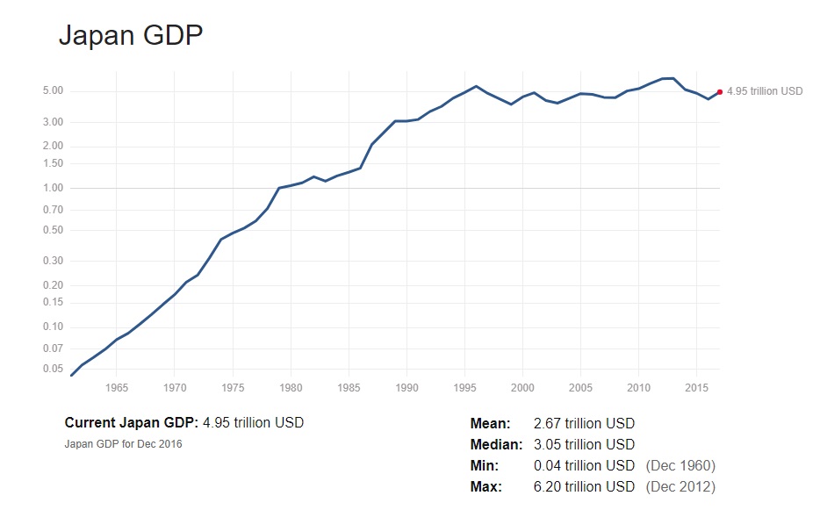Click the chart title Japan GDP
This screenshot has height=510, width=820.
click(x=131, y=35)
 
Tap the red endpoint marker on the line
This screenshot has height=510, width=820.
click(x=720, y=91)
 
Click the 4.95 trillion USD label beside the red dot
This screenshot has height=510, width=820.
click(x=765, y=91)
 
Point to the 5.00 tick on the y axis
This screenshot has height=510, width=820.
click(x=52, y=91)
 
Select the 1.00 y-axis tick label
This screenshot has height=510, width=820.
click(x=52, y=188)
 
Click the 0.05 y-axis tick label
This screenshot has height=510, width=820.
click(x=52, y=369)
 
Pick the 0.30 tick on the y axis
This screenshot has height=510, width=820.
click(x=52, y=261)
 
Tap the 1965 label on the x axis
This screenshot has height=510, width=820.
click(x=116, y=387)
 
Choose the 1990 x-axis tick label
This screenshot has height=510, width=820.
click(x=406, y=387)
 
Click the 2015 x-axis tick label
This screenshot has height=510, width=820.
click(x=697, y=387)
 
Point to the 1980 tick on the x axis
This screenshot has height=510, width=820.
click(x=291, y=387)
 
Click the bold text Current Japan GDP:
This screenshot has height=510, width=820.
click(x=132, y=423)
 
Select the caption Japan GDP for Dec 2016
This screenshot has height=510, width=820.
click(x=124, y=444)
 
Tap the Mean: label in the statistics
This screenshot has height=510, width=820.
click(x=490, y=424)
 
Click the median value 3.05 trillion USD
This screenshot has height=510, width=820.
click(x=584, y=445)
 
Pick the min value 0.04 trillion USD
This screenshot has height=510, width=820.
click(x=584, y=466)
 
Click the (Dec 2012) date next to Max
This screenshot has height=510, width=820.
click(x=680, y=487)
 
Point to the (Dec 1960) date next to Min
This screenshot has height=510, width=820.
click(x=680, y=466)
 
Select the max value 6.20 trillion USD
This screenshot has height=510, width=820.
click(x=584, y=487)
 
